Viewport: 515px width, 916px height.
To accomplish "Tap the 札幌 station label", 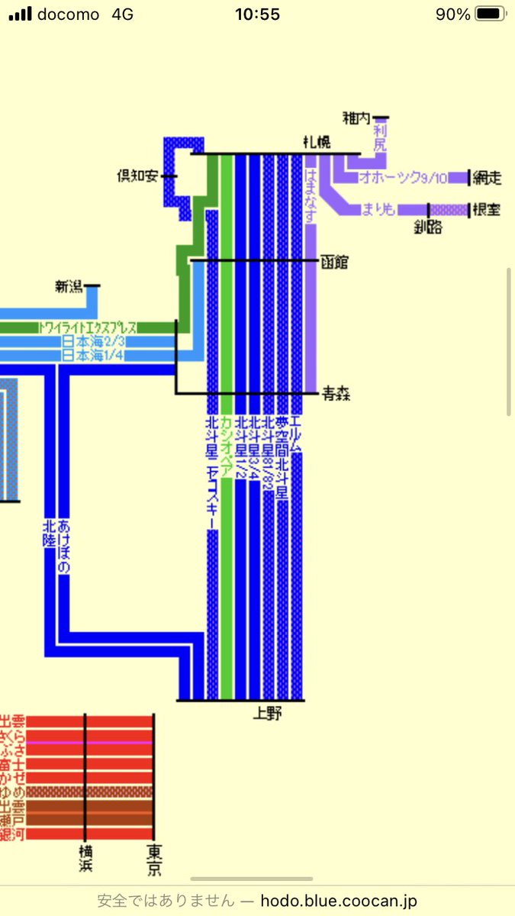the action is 317,143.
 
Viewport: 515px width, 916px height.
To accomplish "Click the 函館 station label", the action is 334,262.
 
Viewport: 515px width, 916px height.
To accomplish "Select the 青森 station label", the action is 336,394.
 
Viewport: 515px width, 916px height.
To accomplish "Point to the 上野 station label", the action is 269,714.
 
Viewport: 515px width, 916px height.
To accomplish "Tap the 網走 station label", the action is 486,178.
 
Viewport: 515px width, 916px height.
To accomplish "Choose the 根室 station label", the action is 486,209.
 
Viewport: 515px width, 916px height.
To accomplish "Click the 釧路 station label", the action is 428,227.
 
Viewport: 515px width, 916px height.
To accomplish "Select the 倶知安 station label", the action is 137,176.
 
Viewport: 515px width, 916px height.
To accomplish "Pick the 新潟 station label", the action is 69,286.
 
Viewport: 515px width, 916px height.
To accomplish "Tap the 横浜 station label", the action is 85,859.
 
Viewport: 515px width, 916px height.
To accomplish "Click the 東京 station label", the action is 154,859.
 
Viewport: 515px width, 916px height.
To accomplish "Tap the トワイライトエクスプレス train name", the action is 88,327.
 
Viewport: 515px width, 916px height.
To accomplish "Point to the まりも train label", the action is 378,209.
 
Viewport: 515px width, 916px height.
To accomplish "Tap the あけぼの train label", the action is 64,547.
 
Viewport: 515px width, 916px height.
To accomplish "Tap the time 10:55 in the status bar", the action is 257,15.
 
